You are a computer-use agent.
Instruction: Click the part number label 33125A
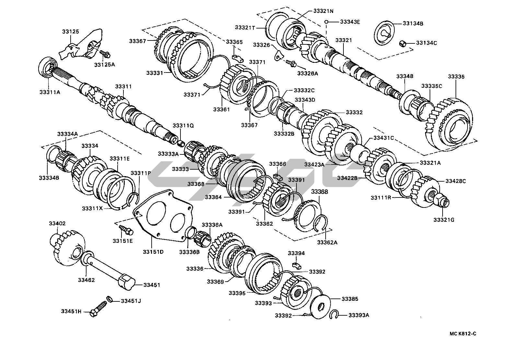pos(105,64)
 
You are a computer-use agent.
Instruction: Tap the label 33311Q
pos(183,126)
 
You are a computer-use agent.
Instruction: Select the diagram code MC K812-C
pos(463,334)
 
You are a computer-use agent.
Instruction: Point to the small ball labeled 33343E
pos(328,22)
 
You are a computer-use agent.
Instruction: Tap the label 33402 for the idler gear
pos(57,223)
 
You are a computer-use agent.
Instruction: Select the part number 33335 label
pos(456,77)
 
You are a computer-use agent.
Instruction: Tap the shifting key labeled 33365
pos(237,58)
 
